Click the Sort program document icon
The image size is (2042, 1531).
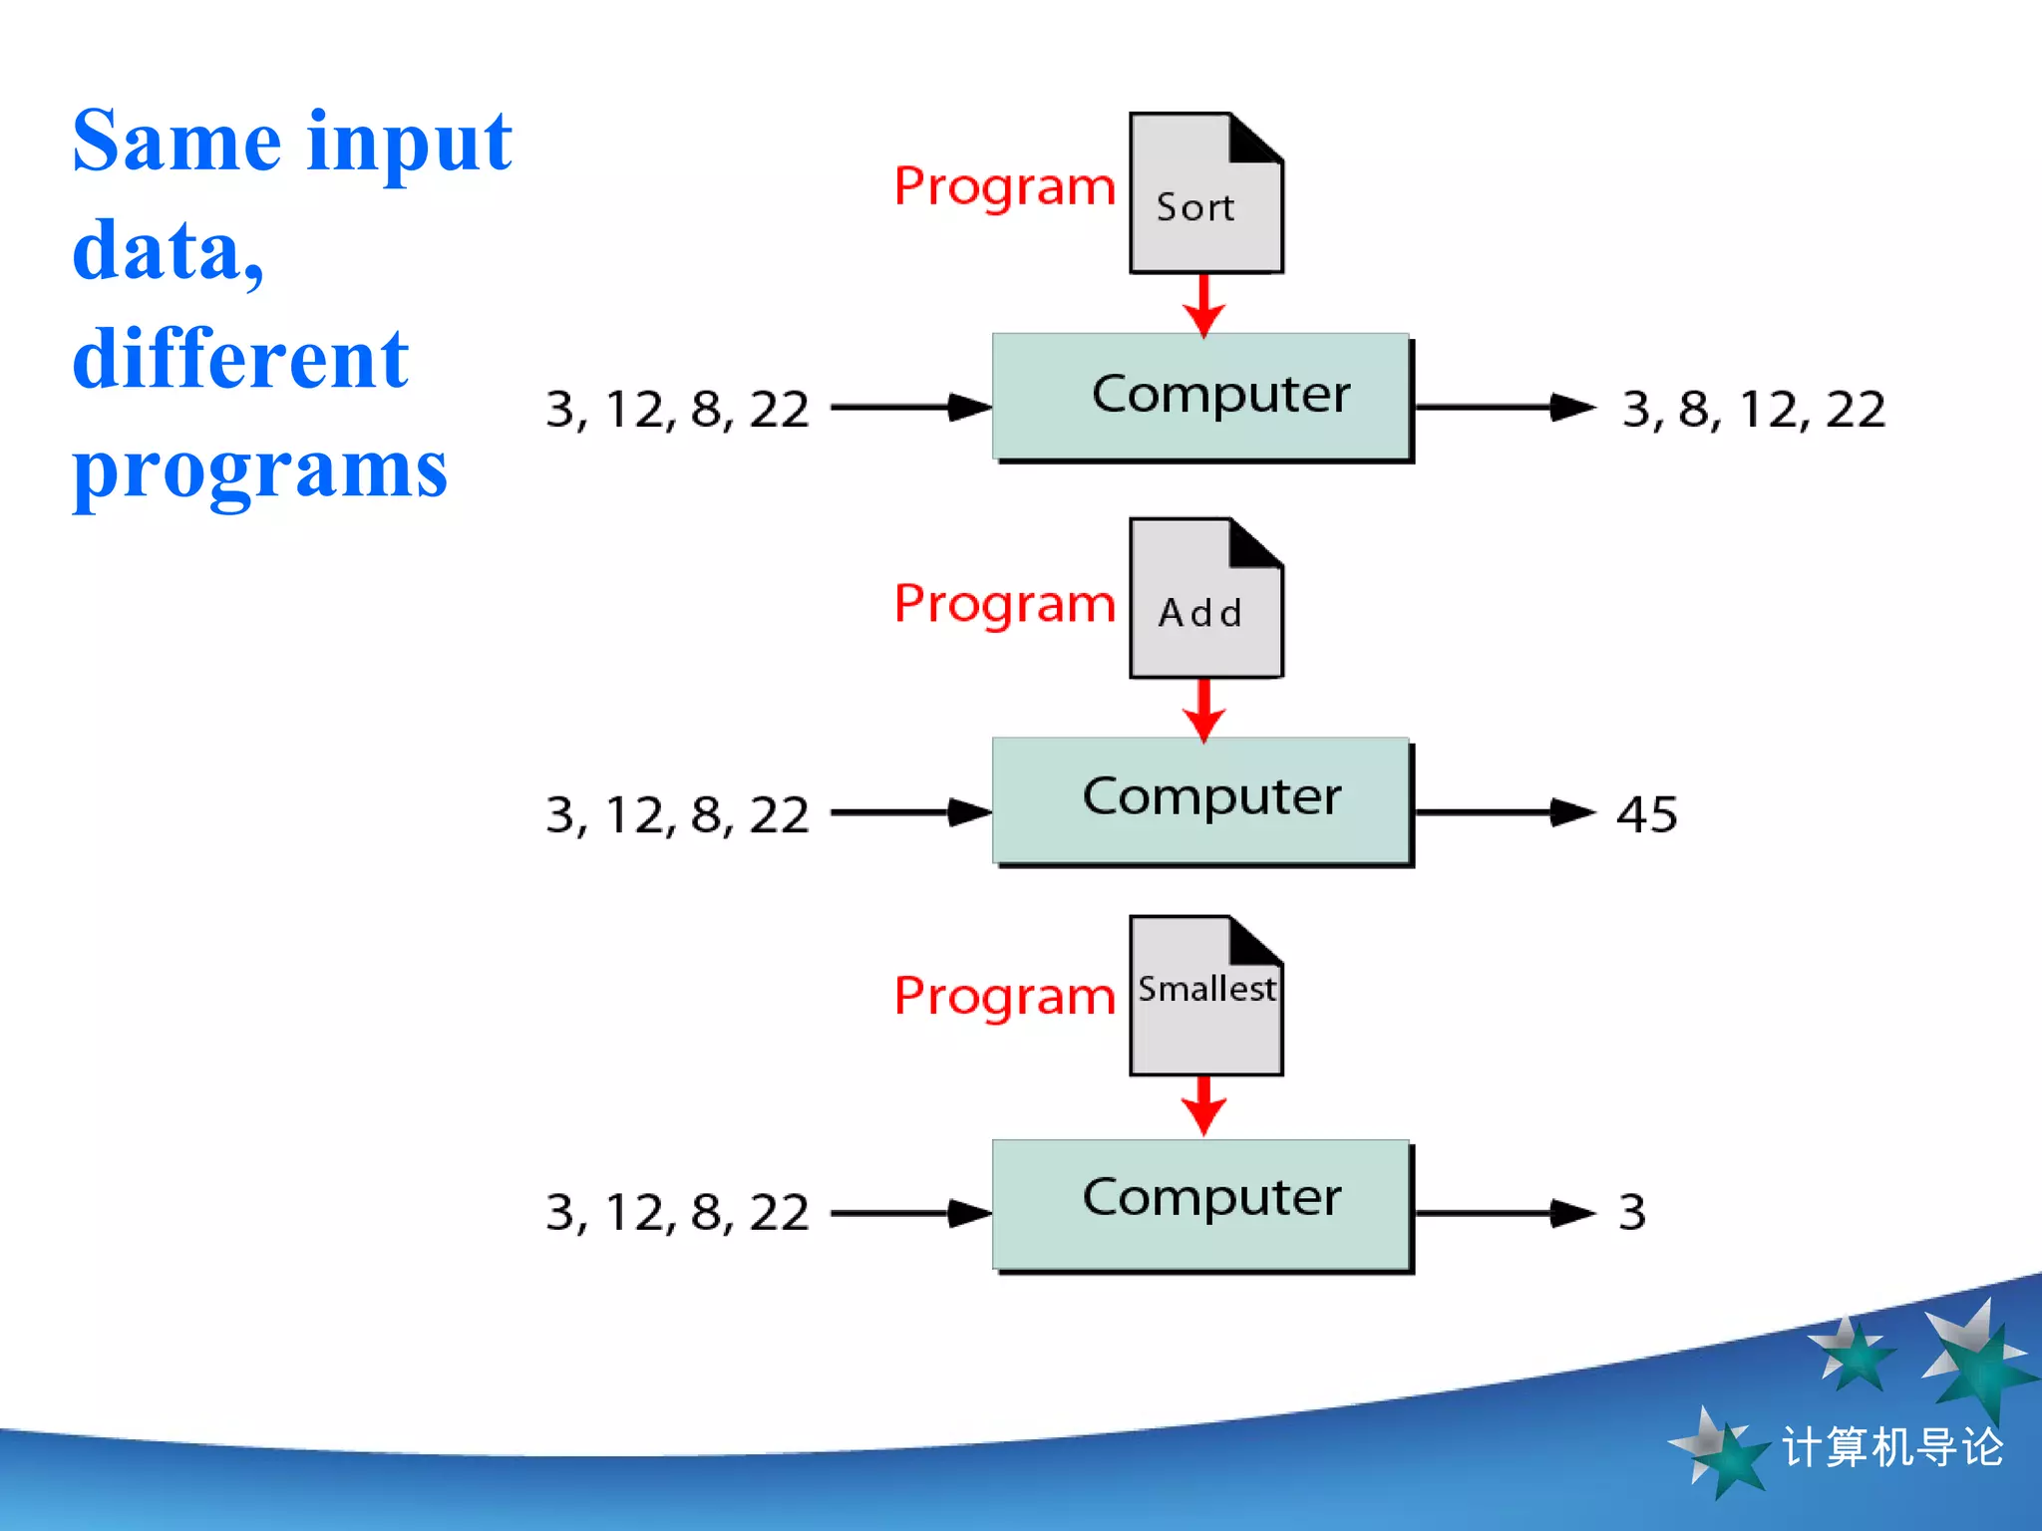point(1205,194)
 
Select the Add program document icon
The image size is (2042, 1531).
point(1205,599)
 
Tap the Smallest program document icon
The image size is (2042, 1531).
point(1205,997)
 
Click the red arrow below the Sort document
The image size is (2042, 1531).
point(1204,306)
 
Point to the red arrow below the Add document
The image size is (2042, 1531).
point(1204,711)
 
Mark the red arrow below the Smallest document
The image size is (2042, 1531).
point(1204,1106)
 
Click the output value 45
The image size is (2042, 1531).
point(1646,814)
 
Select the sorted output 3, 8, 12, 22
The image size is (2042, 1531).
point(1753,410)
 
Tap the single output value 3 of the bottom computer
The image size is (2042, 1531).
point(1631,1213)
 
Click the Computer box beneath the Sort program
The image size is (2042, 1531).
point(1202,397)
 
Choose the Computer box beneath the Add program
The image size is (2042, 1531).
point(1202,800)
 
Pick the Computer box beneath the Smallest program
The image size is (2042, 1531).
point(1202,1203)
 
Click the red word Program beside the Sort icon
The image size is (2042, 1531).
point(1004,187)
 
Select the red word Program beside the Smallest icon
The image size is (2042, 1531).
point(1004,997)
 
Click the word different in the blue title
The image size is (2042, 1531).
point(240,359)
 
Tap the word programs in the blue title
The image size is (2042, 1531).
point(259,470)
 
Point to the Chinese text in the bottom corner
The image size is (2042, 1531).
point(1891,1447)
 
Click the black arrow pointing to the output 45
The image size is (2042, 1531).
point(1506,813)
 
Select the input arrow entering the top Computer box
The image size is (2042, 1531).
point(910,408)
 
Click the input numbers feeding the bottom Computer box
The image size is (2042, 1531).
point(677,1213)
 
